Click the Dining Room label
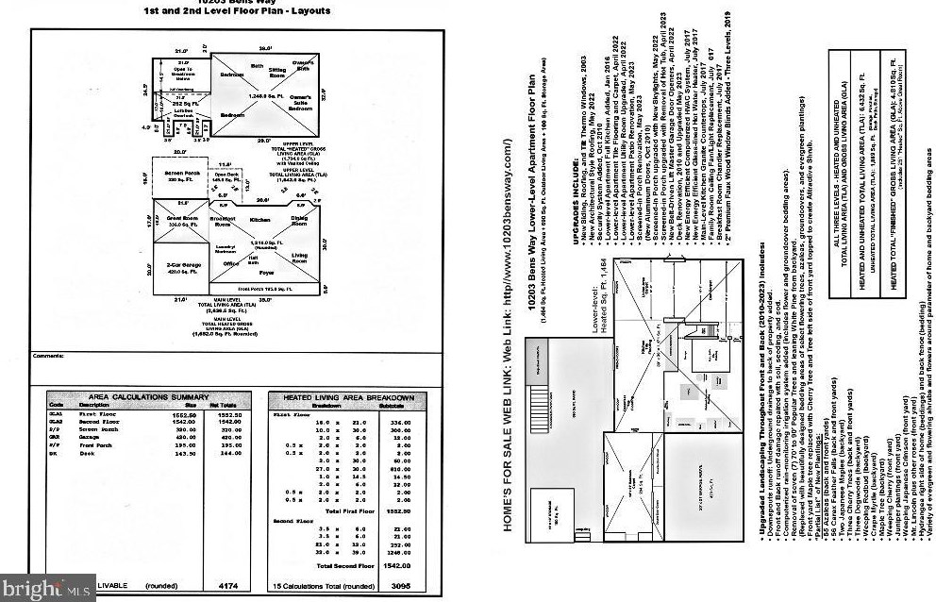[x=300, y=219]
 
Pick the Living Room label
[x=300, y=258]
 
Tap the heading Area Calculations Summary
[x=142, y=397]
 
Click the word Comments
[x=48, y=356]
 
